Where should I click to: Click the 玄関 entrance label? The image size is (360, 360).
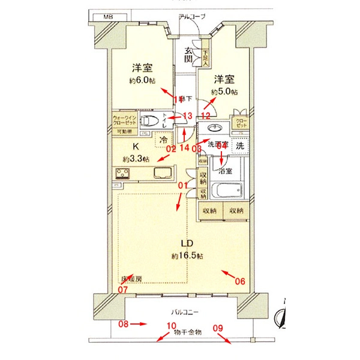click(188, 55)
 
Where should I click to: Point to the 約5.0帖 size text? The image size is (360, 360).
click(224, 92)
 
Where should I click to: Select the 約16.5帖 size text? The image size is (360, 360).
click(187, 256)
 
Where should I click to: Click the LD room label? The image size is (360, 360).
click(187, 244)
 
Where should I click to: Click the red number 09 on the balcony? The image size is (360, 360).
click(218, 328)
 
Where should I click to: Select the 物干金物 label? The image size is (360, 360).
click(188, 332)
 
